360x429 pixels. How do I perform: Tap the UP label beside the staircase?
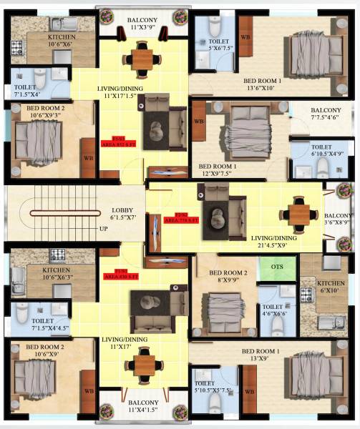pos(103,229)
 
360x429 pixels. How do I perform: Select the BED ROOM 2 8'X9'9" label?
pos(228,278)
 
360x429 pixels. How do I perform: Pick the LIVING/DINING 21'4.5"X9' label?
pos(278,242)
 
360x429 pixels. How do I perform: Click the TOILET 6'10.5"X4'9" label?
pos(325,149)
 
